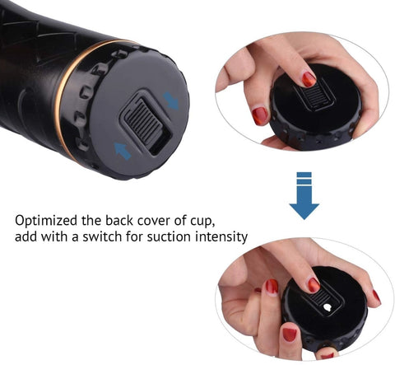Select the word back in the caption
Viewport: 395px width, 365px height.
click(x=122, y=221)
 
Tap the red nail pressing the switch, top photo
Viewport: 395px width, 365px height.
click(x=309, y=79)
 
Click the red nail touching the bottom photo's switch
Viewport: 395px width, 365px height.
click(x=314, y=285)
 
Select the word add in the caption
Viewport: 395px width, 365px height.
click(x=28, y=237)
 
